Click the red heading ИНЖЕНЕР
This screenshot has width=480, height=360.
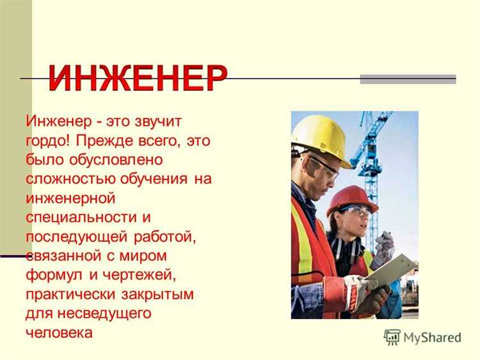point(138,79)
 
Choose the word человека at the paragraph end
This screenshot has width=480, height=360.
point(59,332)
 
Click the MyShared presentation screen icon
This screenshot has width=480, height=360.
point(392,337)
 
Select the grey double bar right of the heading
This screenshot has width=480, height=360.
point(408,79)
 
